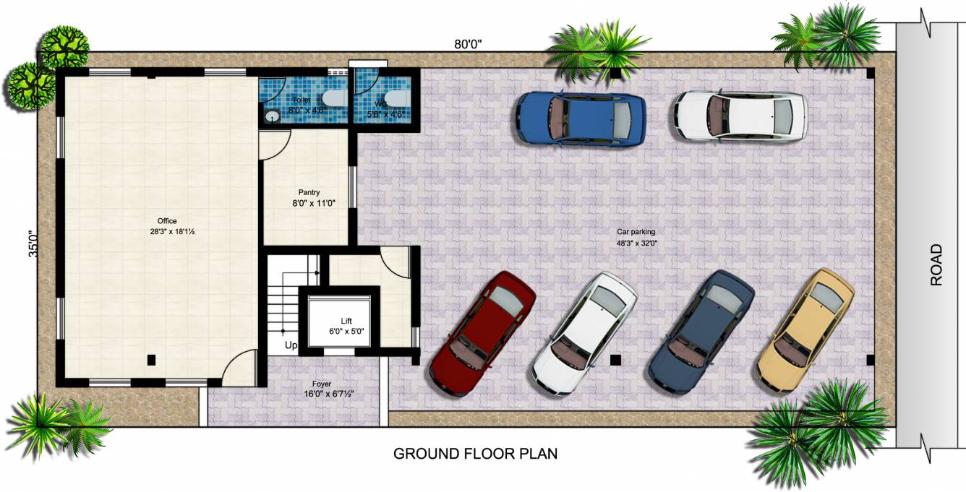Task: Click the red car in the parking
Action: click(x=482, y=334)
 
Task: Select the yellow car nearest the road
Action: click(x=805, y=330)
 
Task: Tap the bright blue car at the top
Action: click(x=581, y=118)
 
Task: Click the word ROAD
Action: click(x=936, y=265)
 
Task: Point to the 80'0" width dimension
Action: click(x=468, y=44)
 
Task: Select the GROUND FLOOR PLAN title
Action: click(x=475, y=454)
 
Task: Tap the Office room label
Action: click(x=167, y=221)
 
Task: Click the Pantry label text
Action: click(x=309, y=193)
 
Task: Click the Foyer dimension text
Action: click(x=329, y=394)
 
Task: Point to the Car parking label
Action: click(x=636, y=232)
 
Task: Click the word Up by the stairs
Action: click(x=291, y=345)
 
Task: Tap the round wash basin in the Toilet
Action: click(x=272, y=116)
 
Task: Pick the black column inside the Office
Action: click(x=151, y=359)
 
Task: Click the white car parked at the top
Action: click(x=740, y=116)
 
